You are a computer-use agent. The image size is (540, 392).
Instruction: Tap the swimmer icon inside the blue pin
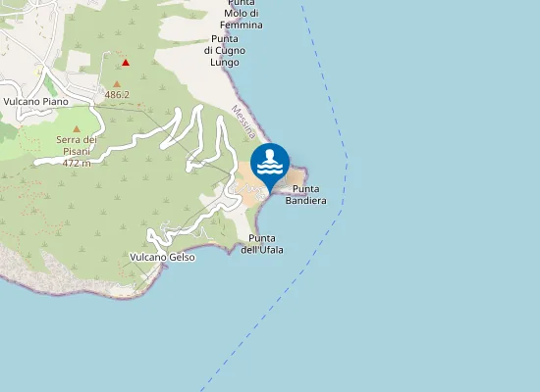270,162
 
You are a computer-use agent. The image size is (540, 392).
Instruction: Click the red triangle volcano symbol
126,62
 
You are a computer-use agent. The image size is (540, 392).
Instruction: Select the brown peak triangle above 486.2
117,84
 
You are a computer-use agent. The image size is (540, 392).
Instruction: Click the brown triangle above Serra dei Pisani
76,128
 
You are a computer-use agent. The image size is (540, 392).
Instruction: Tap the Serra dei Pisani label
75,146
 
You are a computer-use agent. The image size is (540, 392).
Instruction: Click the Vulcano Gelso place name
162,257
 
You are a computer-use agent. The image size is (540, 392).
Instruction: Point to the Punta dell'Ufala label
262,244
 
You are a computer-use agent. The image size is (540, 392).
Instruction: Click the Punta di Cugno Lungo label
225,49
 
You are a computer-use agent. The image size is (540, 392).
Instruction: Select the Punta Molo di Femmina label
242,13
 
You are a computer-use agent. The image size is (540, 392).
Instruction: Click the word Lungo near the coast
225,61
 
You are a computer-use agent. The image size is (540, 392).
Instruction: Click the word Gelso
182,257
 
